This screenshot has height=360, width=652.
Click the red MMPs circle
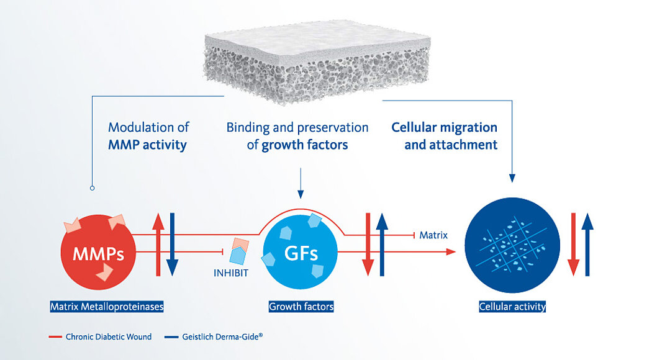[x=98, y=253]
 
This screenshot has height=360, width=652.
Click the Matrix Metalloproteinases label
[x=107, y=306]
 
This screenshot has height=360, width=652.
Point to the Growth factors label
[x=301, y=306]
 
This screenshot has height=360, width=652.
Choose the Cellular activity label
[x=512, y=306]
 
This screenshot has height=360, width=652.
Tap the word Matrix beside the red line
[x=433, y=235]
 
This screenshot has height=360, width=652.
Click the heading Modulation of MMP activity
[x=148, y=136]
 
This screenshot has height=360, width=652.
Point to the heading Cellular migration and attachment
[x=445, y=136]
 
